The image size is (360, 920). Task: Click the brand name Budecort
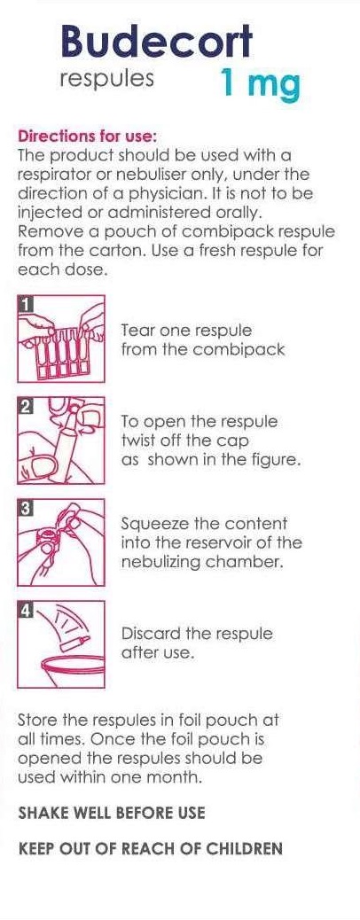[156, 43]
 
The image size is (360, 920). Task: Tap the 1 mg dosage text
[260, 83]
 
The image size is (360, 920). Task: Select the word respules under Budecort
[107, 79]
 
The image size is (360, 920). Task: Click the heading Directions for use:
[88, 136]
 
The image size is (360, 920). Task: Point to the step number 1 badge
[25, 303]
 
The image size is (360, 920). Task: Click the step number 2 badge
[25, 405]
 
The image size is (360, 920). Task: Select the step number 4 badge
[25, 609]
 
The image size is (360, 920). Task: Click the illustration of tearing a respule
[61, 339]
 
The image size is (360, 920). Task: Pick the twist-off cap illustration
[61, 440]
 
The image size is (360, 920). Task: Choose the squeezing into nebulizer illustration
[61, 542]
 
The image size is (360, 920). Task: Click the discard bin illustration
[61, 644]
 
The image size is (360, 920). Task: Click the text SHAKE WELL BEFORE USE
[112, 813]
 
